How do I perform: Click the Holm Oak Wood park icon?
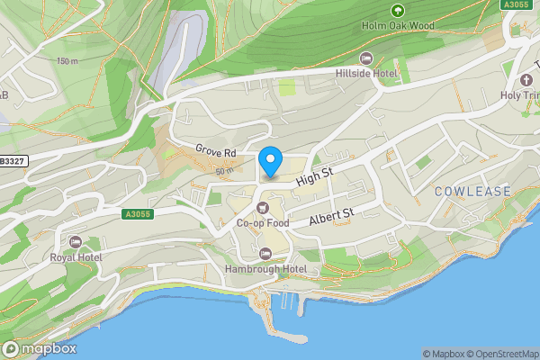[x=397, y=11]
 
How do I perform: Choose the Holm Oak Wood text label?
[x=397, y=25]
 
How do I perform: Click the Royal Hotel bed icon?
[x=76, y=241]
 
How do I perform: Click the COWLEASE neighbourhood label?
[x=472, y=192]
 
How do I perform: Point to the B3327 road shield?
[x=11, y=160]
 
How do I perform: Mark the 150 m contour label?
[x=67, y=61]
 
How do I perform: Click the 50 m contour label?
[x=224, y=170]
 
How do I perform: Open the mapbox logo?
[x=39, y=348]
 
